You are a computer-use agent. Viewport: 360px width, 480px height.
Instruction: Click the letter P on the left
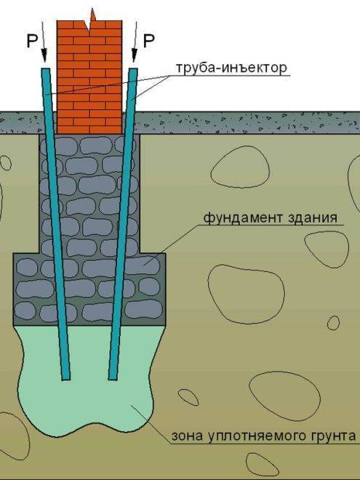(x=32, y=41)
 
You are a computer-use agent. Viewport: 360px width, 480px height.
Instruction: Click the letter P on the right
(x=149, y=41)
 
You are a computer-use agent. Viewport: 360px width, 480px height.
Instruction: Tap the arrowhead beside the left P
(x=44, y=56)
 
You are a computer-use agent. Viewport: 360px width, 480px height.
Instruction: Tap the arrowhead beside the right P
(x=134, y=56)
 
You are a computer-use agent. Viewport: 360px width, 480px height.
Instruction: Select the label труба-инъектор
(x=231, y=68)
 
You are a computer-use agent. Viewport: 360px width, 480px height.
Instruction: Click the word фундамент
(x=243, y=219)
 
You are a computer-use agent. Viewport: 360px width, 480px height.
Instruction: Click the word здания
(x=313, y=219)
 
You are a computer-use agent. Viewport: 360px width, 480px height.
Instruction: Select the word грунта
(x=339, y=436)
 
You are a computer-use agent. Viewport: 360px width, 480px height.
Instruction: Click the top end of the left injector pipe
(x=46, y=69)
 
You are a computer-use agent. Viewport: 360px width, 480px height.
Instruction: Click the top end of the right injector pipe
(x=133, y=69)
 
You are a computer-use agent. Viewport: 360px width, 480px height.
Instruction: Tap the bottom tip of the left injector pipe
(x=65, y=379)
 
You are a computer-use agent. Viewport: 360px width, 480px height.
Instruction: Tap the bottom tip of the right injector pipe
(x=113, y=379)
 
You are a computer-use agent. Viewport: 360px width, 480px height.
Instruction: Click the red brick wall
(x=89, y=77)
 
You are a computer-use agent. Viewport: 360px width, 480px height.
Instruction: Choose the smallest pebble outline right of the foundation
(x=333, y=323)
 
